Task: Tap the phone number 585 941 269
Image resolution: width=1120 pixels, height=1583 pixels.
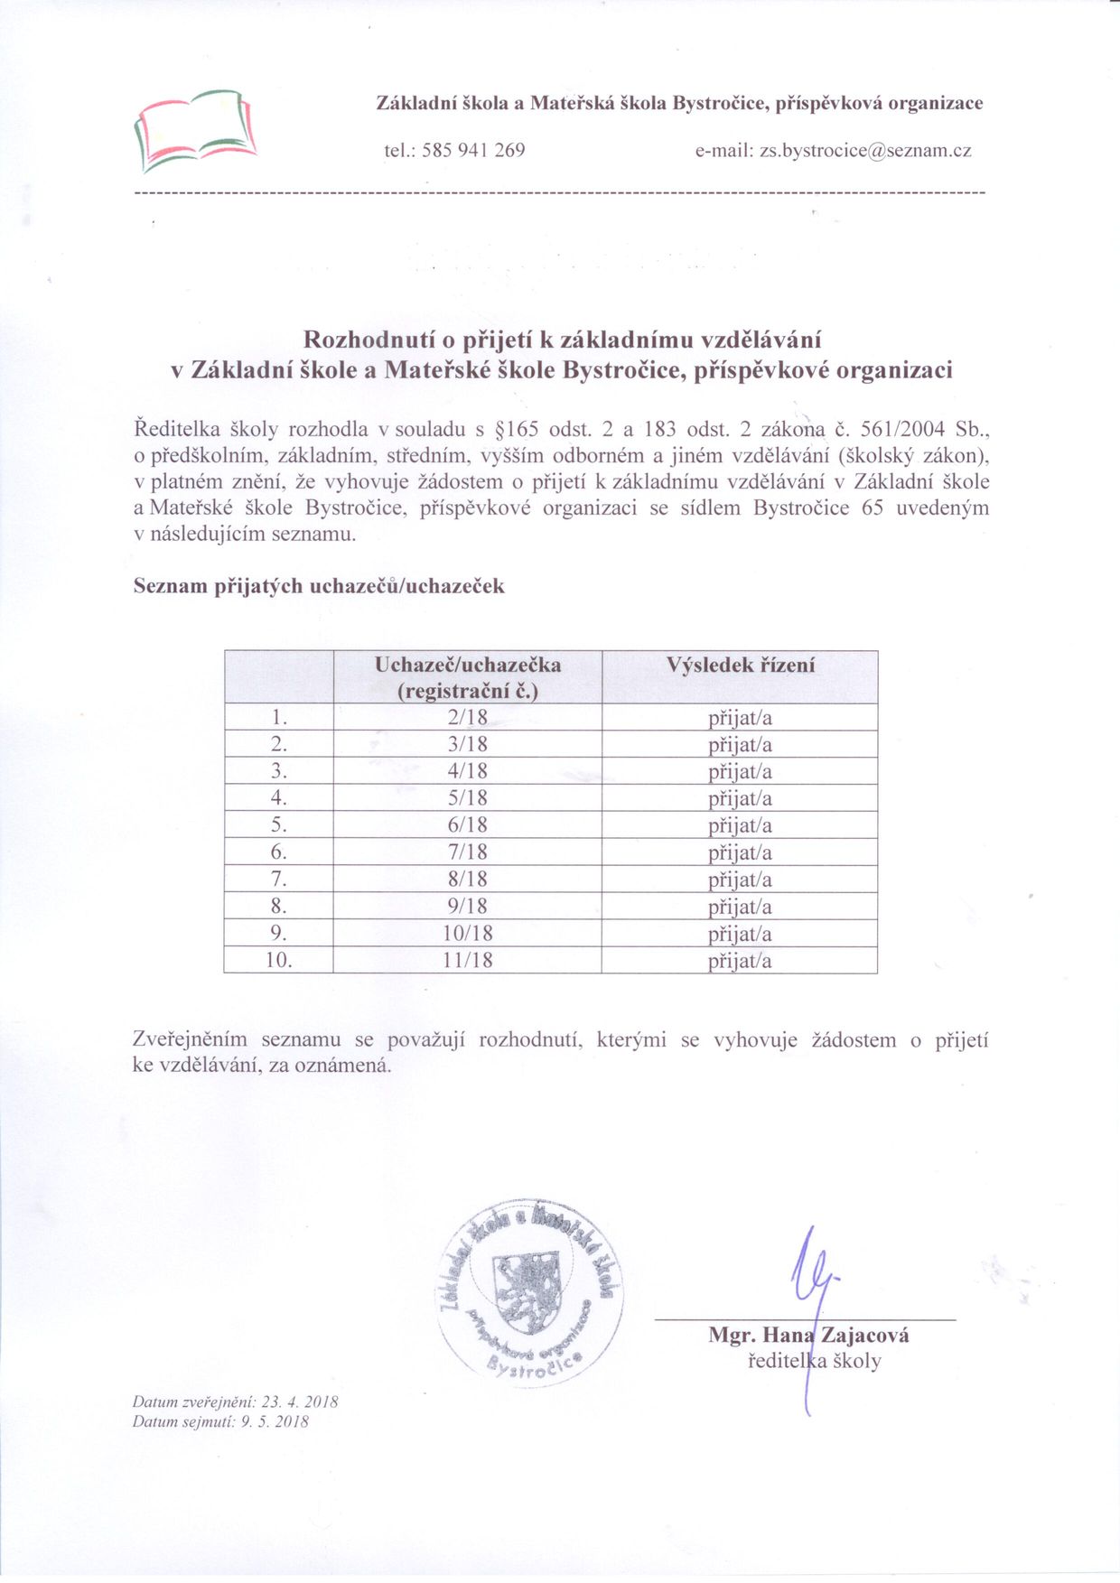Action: (x=473, y=151)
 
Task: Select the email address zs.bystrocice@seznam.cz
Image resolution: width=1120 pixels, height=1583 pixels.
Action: (x=865, y=151)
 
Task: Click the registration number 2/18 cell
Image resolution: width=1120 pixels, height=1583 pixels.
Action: (x=467, y=718)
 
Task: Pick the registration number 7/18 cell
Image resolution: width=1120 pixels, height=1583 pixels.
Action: (x=467, y=852)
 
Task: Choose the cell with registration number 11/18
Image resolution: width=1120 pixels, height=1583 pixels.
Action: (x=467, y=960)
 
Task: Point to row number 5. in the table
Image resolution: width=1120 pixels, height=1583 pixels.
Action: (x=279, y=825)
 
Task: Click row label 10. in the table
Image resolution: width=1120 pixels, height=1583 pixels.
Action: (x=279, y=960)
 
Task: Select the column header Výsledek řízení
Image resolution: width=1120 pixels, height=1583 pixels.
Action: (x=740, y=666)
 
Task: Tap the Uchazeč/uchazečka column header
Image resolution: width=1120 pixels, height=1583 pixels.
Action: (x=467, y=677)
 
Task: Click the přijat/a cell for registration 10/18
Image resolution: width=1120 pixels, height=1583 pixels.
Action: (x=740, y=934)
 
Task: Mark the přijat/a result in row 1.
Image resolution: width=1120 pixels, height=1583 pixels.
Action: (x=740, y=719)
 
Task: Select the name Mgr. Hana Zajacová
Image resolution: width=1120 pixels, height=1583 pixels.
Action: (x=808, y=1336)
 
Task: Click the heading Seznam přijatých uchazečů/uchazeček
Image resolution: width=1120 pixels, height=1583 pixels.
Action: (x=319, y=586)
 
